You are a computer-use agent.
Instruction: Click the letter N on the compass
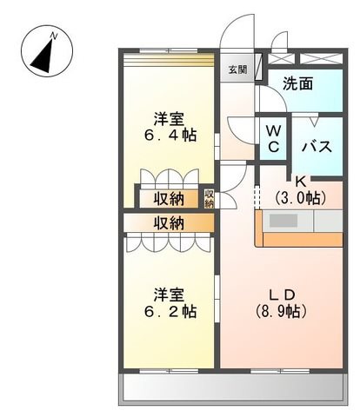(54, 36)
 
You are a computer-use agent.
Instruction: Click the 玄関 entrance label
(237, 69)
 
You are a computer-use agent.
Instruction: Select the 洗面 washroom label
(297, 83)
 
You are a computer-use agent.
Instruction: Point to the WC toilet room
(273, 139)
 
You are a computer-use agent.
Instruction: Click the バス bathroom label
(317, 147)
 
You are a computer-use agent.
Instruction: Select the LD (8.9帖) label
(281, 303)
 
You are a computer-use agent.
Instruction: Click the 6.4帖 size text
(170, 136)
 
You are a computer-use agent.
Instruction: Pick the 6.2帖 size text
(170, 312)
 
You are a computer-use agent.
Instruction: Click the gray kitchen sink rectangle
(283, 221)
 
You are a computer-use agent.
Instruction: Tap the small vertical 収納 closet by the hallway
(209, 198)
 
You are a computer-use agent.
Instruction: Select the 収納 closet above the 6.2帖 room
(169, 223)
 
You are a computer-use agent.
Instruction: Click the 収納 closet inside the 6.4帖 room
(169, 199)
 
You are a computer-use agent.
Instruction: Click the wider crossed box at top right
(320, 59)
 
